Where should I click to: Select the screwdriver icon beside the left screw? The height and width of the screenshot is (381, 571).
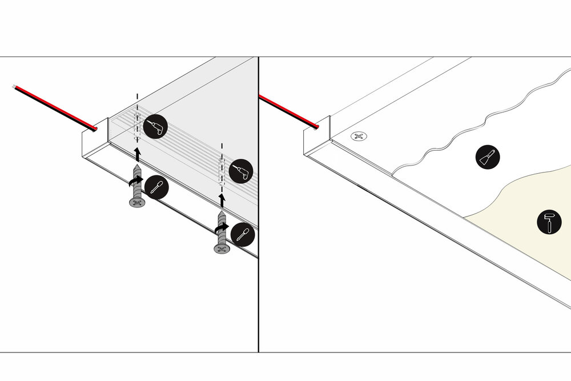click(x=156, y=186)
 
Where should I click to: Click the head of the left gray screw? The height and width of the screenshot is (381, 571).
click(x=136, y=202)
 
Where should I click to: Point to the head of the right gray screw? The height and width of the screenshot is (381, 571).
click(x=222, y=249)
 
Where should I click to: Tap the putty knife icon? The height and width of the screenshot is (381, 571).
click(x=488, y=156)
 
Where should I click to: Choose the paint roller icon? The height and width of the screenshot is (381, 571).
click(x=549, y=221)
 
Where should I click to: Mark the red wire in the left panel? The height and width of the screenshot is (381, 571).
click(x=54, y=106)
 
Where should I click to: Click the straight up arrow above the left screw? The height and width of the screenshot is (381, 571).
click(x=136, y=153)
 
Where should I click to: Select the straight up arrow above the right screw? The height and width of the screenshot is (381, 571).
click(x=222, y=199)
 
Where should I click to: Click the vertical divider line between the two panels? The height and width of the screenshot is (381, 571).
click(x=259, y=228)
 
